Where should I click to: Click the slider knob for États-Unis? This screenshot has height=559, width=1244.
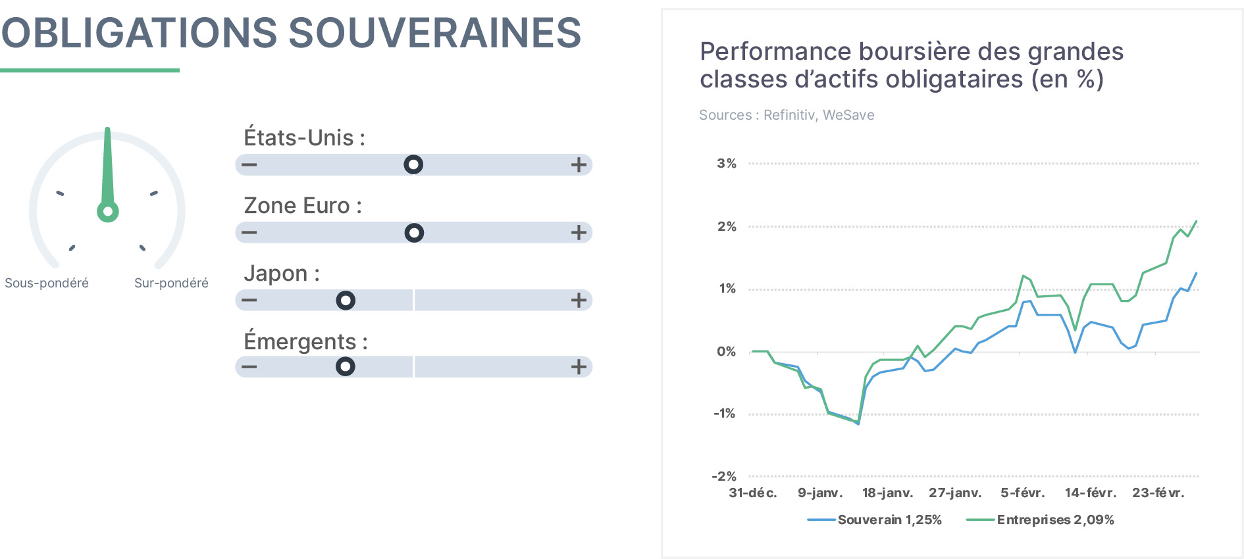pos(413,164)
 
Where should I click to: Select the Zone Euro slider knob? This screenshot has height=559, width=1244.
pos(414,233)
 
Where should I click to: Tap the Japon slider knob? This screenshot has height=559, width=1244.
pos(346,301)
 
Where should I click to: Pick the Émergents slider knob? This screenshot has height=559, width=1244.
pos(346,366)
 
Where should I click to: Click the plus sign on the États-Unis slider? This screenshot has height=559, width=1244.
pos(579,164)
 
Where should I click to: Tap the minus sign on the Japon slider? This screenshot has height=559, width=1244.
pos(249,301)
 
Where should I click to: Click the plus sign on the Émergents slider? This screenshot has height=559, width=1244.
pos(579,366)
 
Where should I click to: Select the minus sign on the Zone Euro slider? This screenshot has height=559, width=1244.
pos(249,233)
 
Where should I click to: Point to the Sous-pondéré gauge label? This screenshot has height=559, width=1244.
pos(47,283)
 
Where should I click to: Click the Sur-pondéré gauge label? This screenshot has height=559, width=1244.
pos(171,283)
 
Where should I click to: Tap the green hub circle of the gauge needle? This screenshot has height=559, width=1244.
pos(108,212)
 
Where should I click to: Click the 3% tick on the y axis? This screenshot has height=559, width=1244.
pos(727,163)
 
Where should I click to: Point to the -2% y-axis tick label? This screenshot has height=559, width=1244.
pos(724,476)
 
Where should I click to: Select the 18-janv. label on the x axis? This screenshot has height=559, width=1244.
pos(888,493)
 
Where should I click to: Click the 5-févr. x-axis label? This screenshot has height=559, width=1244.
pos(1023,493)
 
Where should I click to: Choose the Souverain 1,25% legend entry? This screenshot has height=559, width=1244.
pos(875,520)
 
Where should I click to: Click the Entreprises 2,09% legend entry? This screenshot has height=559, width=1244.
pos(1041,520)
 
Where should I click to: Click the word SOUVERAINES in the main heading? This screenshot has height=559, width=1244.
pos(435,33)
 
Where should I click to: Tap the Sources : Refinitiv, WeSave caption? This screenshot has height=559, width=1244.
pos(787,115)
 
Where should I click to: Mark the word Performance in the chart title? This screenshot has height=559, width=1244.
pos(775,51)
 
